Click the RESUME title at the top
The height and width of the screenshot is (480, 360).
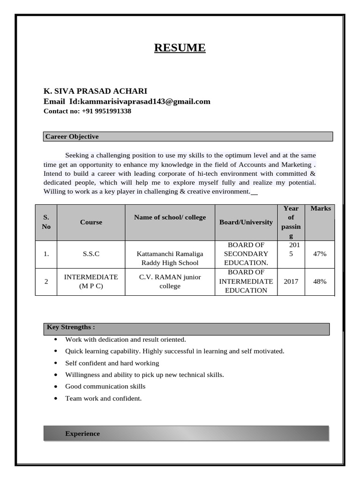[x=180, y=48]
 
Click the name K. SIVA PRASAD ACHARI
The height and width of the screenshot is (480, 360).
[x=95, y=91]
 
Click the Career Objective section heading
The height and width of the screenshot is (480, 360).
[x=72, y=136]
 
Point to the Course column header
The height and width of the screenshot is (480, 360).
[x=91, y=222]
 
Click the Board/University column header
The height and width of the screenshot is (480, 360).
[x=246, y=222]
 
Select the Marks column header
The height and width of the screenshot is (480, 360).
[x=320, y=208]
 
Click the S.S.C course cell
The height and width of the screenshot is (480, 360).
[x=91, y=254]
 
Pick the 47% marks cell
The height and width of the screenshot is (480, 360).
[x=320, y=254]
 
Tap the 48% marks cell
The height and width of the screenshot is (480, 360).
[x=320, y=281]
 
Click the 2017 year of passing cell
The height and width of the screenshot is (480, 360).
[x=291, y=281]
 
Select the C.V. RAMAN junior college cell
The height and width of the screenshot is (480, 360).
[x=170, y=281]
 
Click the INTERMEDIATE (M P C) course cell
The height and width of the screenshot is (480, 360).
[x=91, y=281]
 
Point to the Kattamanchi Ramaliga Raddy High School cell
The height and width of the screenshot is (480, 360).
[x=170, y=258]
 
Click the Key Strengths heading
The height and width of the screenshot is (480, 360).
[x=71, y=327]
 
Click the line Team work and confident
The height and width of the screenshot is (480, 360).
[x=103, y=398]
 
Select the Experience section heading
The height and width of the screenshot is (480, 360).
[x=82, y=434]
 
